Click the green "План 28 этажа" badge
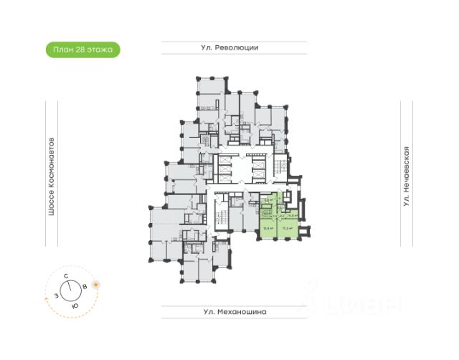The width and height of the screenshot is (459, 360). pyautogui.click(x=82, y=49)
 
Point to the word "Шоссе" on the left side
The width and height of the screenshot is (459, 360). pyautogui.click(x=51, y=223)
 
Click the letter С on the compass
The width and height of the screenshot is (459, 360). pyautogui.click(x=66, y=275)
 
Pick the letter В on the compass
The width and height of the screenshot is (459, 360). pyautogui.click(x=86, y=286)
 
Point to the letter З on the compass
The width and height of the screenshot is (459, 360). pyautogui.click(x=53, y=295)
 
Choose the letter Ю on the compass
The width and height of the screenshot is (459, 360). pyautogui.click(x=75, y=306)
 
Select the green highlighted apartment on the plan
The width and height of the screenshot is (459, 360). pyautogui.click(x=281, y=218)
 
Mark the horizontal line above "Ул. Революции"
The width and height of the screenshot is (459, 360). pyautogui.click(x=234, y=41)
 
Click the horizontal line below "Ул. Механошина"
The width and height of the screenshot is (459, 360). pyautogui.click(x=234, y=319)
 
